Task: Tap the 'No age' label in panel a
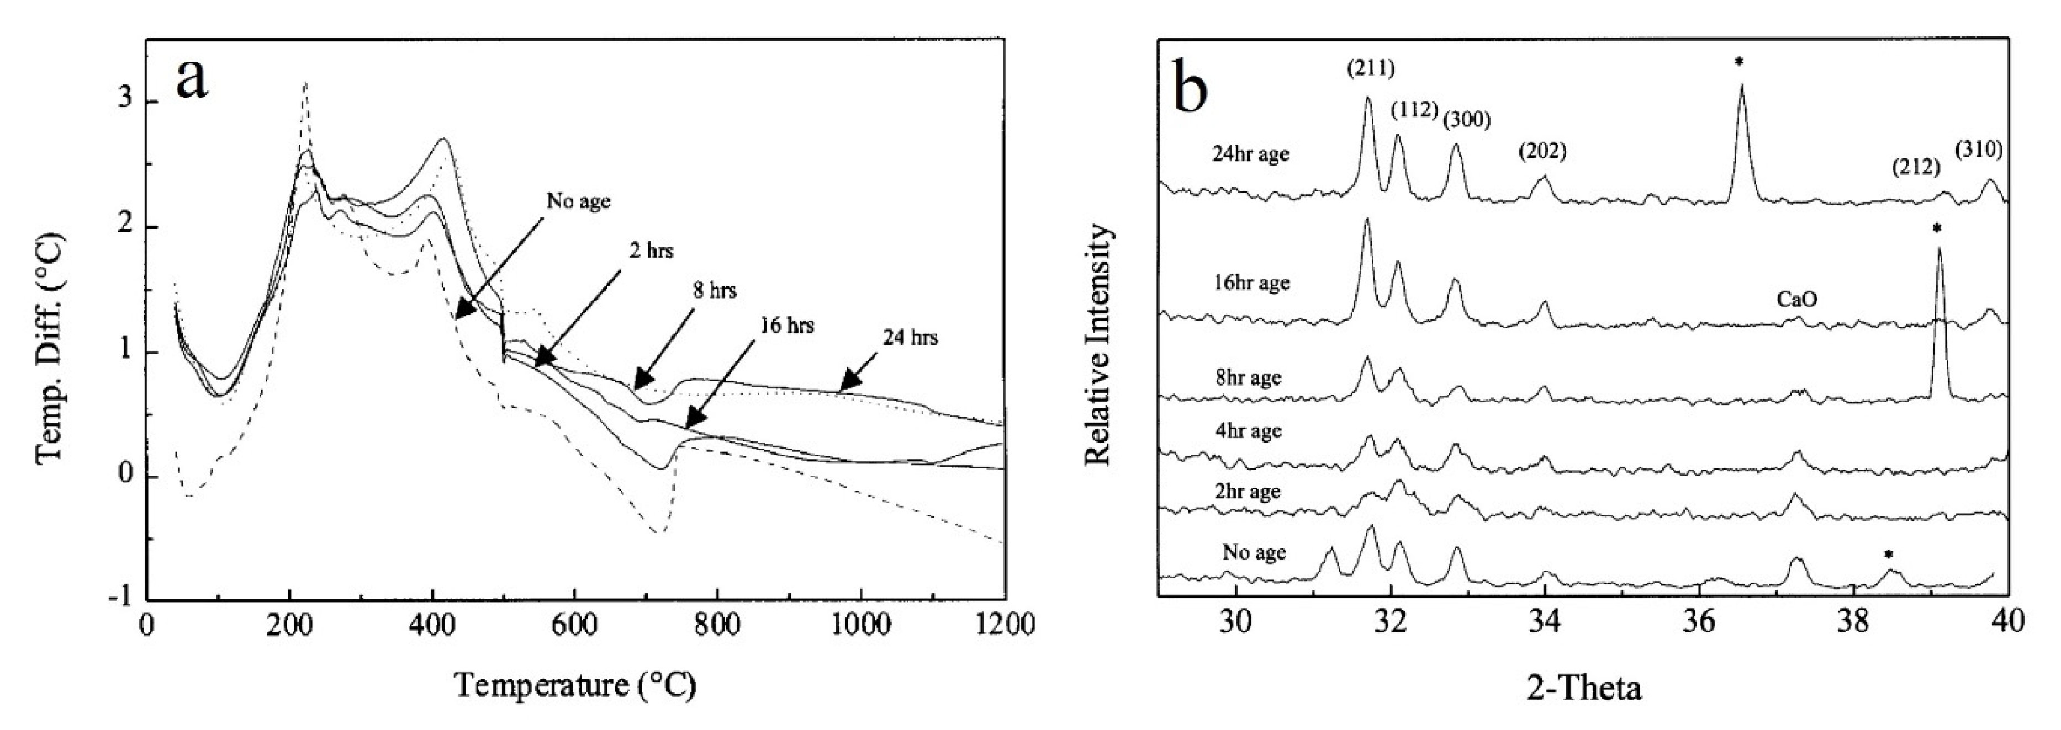(578, 201)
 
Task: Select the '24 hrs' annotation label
(911, 338)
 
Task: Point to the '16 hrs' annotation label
(786, 326)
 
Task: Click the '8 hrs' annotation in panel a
(715, 290)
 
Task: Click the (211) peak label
(1370, 70)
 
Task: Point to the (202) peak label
(1542, 150)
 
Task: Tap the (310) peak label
(1979, 149)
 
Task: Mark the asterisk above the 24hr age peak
(1738, 62)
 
